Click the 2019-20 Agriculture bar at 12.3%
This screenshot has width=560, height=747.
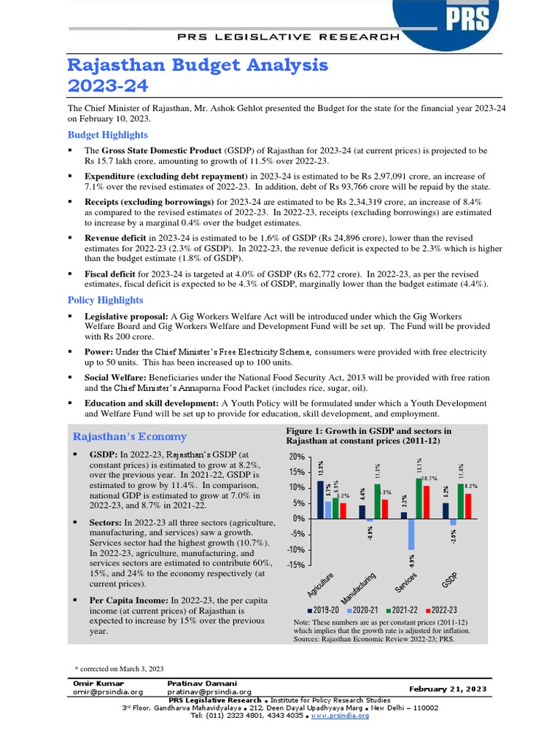point(321,499)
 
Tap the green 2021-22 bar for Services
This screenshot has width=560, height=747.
point(419,498)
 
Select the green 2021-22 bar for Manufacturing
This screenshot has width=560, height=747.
point(377,501)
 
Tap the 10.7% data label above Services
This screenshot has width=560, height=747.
point(428,479)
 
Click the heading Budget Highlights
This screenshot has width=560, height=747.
point(107,135)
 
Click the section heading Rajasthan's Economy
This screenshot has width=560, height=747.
point(130,436)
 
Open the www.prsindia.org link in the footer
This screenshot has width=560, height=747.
point(340,716)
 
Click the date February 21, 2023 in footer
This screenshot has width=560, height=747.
point(448,689)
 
